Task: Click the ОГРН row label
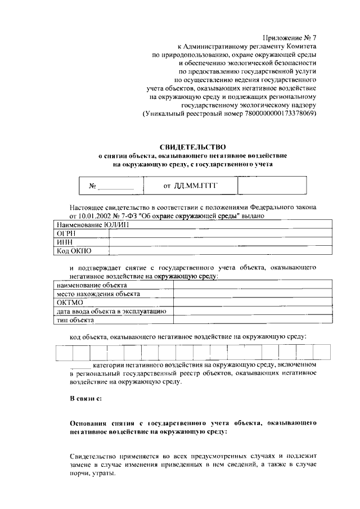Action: coord(64,234)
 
